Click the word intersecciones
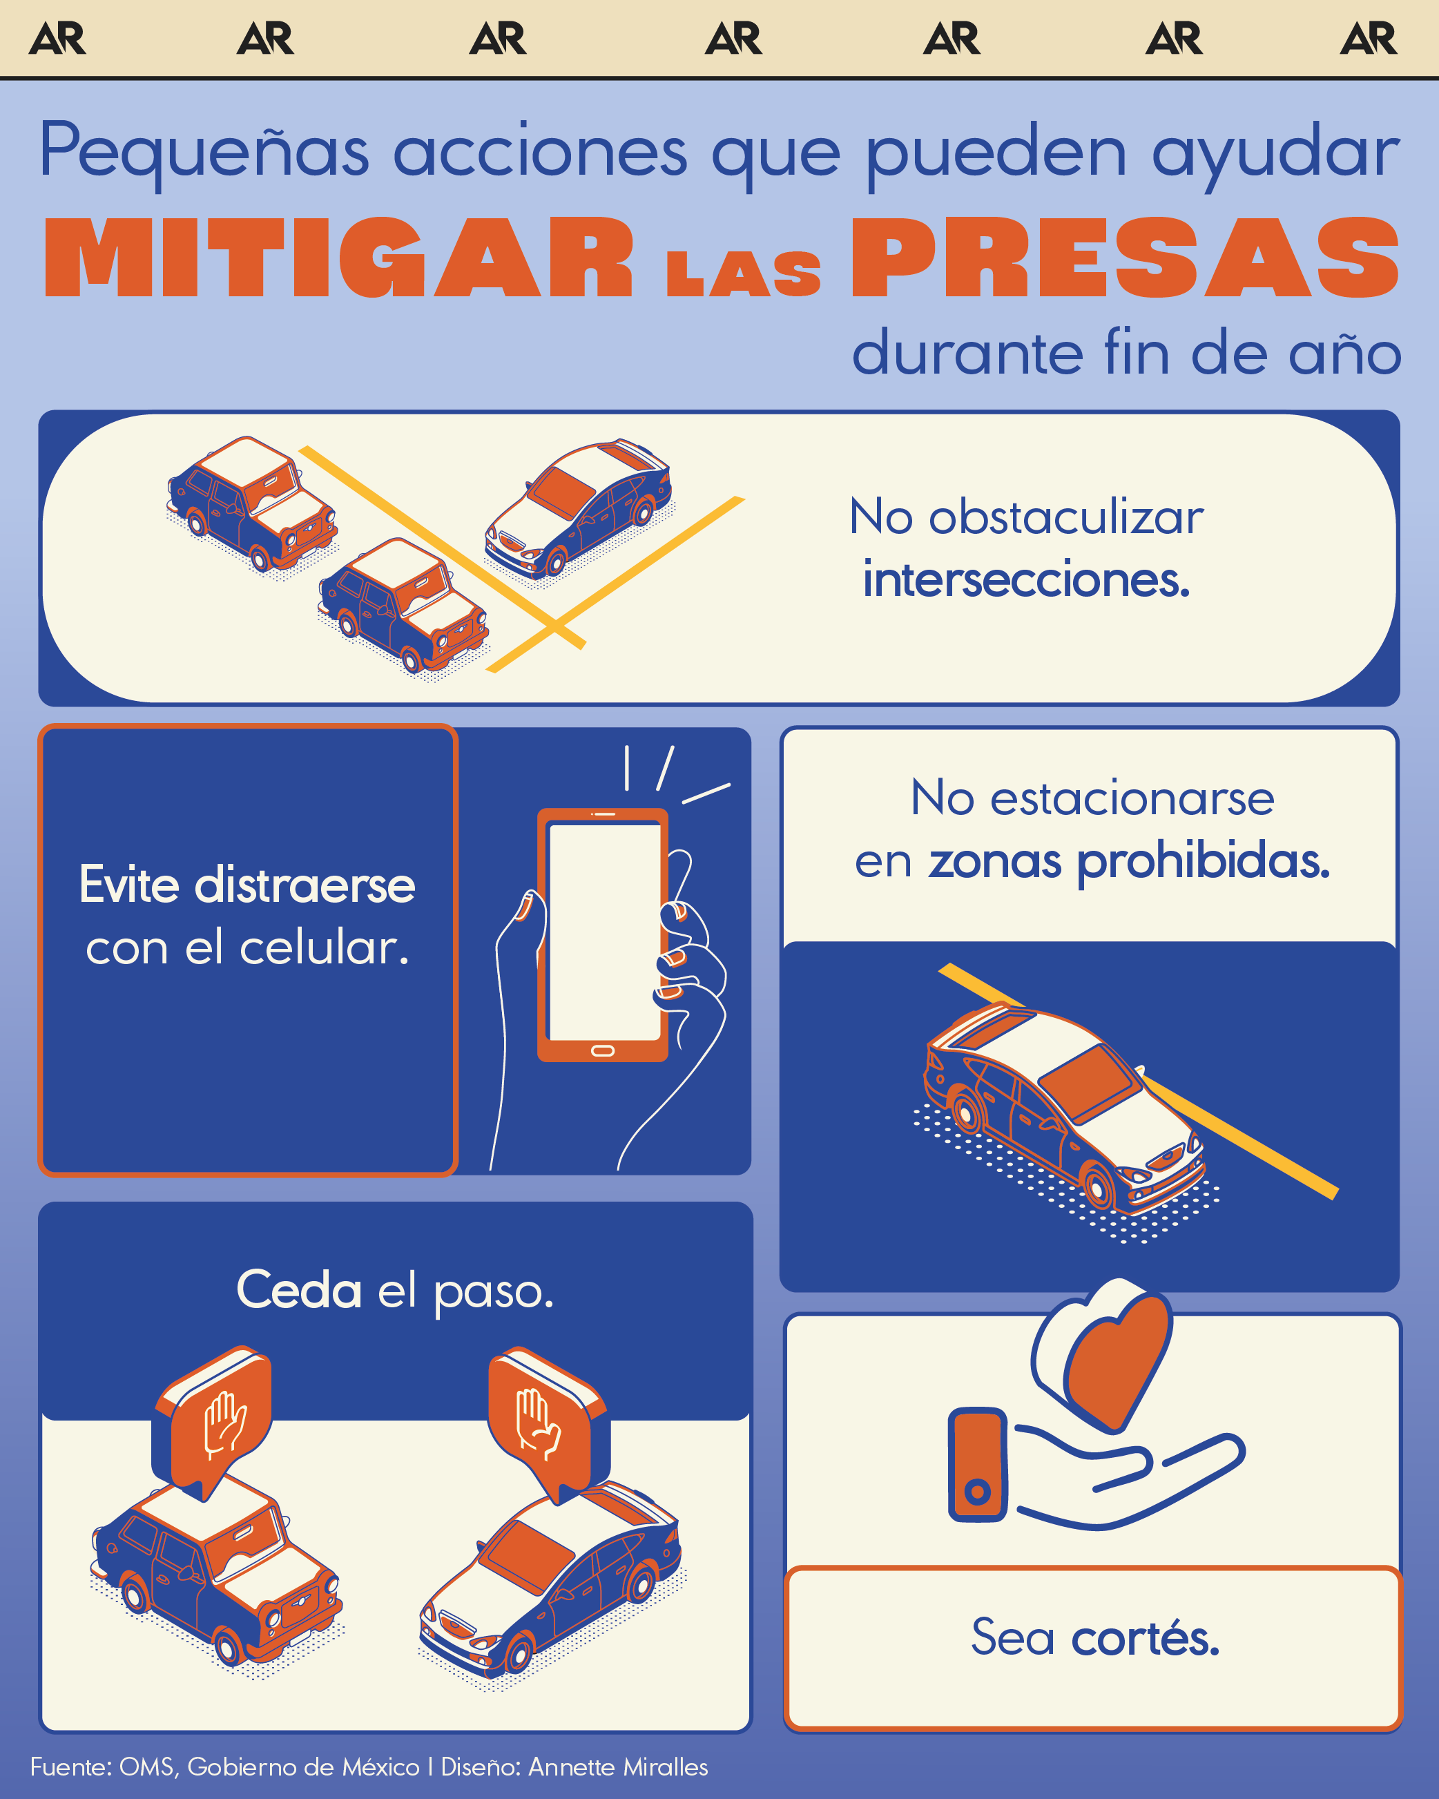(1026, 580)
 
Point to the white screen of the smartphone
(603, 930)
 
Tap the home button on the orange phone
(602, 1050)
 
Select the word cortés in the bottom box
(1145, 1637)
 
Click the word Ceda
(299, 1290)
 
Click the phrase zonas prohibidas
(1129, 861)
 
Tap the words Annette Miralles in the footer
(618, 1767)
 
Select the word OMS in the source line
(147, 1767)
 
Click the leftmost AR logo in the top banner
(57, 39)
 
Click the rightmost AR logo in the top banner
(1368, 39)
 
